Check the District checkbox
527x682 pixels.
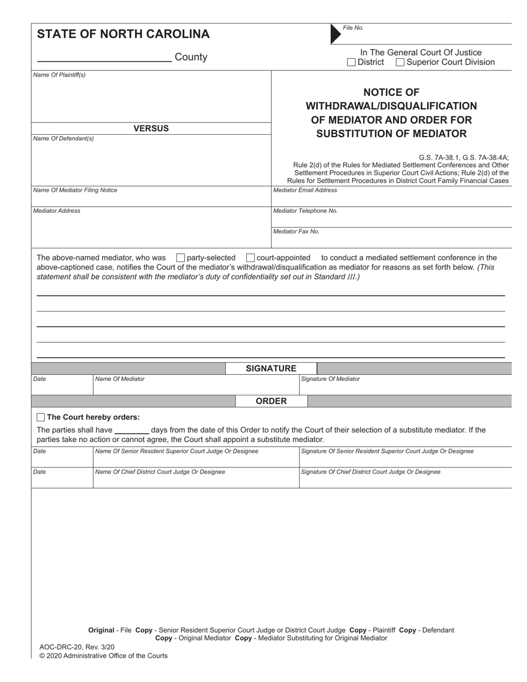pyautogui.click(x=351, y=63)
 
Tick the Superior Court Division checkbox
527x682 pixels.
pyautogui.click(x=400, y=63)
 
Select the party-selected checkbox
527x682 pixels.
pyautogui.click(x=180, y=258)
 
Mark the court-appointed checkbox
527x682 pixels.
pyautogui.click(x=250, y=258)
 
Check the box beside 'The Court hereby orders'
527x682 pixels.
pyautogui.click(x=40, y=417)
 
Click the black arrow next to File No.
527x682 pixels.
pyautogui.click(x=336, y=34)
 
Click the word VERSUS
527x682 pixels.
pyautogui.click(x=151, y=129)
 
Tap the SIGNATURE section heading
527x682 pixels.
pyautogui.click(x=271, y=369)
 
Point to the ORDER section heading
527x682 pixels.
pyautogui.click(x=271, y=401)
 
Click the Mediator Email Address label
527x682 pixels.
pyautogui.click(x=305, y=190)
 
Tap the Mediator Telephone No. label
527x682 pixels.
pyautogui.click(x=306, y=211)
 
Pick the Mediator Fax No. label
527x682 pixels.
pyautogui.click(x=296, y=232)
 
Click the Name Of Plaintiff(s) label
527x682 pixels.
pyautogui.click(x=59, y=75)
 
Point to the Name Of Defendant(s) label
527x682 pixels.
pyautogui.click(x=63, y=139)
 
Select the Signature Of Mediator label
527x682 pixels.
pyautogui.click(x=330, y=379)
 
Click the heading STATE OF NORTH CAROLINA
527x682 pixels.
pyautogui.click(x=123, y=34)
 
